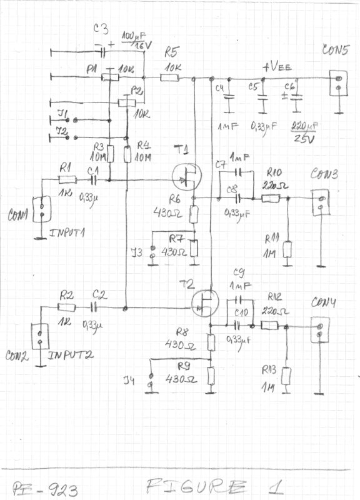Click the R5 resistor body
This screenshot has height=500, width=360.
[170, 78]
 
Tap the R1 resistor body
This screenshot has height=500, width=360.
[67, 179]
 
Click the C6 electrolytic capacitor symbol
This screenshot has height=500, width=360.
[296, 97]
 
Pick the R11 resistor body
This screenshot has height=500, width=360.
[287, 250]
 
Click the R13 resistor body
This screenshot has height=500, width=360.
[286, 376]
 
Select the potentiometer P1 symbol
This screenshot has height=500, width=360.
[110, 77]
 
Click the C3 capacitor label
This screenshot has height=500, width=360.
[101, 29]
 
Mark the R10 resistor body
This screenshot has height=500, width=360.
[270, 199]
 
